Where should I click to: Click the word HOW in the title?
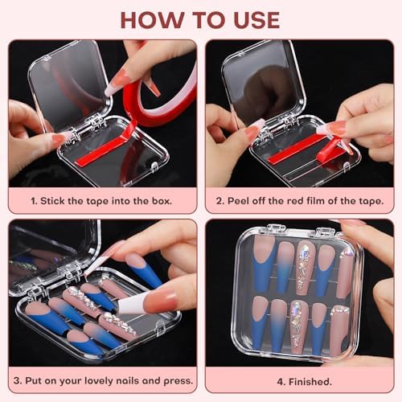[150, 19]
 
